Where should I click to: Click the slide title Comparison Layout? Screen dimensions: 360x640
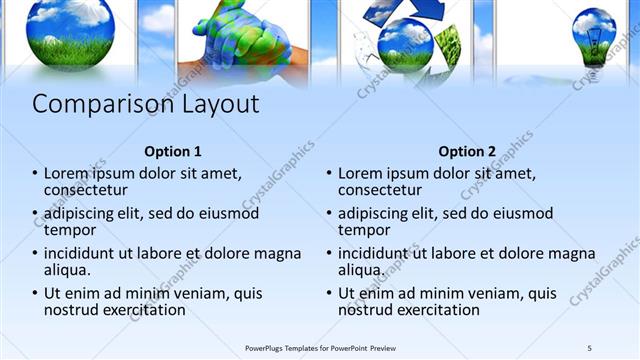point(146,105)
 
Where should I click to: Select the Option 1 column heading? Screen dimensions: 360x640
point(173,152)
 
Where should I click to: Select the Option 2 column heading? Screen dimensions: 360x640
point(466,152)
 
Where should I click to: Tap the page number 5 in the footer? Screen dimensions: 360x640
point(590,347)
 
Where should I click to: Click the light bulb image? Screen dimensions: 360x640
point(593,38)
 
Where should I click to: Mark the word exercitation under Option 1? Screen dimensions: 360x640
point(140,310)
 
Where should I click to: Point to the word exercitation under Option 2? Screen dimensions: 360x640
point(434,310)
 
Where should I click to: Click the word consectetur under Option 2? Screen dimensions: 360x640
point(380,190)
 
